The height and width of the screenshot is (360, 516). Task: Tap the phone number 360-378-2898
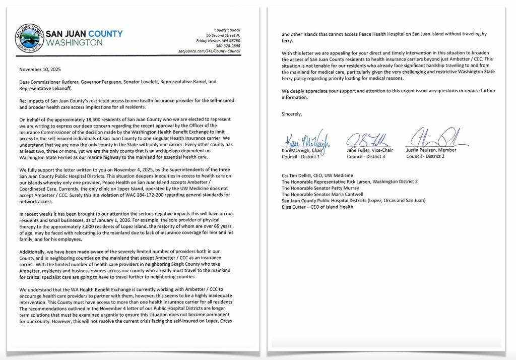(x=228, y=46)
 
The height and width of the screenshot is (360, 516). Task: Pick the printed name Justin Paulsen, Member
(x=431, y=150)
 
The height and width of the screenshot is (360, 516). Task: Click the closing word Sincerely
(x=292, y=114)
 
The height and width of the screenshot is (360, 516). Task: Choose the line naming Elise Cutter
(x=317, y=207)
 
